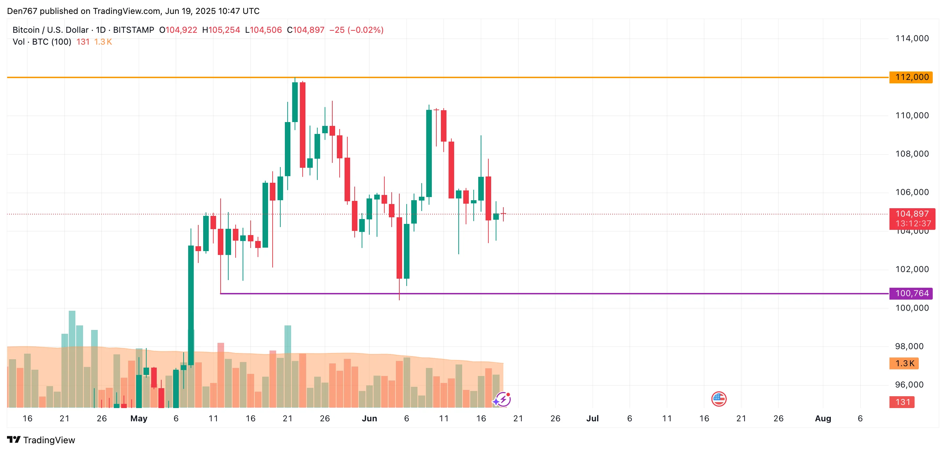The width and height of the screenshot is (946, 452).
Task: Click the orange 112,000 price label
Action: [x=911, y=77]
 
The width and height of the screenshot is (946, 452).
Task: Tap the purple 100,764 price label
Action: [x=911, y=293]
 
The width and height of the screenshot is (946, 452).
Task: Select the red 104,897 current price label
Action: [x=912, y=214]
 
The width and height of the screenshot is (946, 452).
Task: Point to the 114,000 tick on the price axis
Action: [x=912, y=38]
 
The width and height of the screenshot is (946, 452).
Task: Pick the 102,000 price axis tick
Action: [x=912, y=269]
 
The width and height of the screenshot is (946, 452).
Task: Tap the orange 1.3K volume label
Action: [x=904, y=363]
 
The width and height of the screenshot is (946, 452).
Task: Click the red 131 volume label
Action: [x=902, y=402]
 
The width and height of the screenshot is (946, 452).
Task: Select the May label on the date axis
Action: [x=139, y=418]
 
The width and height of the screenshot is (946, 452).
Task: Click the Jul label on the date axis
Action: [x=592, y=418]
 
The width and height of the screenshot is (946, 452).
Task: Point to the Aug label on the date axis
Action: [x=823, y=418]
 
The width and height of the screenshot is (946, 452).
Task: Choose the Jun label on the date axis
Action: [x=369, y=418]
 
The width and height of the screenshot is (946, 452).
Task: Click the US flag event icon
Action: [x=719, y=399]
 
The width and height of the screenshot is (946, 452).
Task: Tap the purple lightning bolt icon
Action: [x=502, y=399]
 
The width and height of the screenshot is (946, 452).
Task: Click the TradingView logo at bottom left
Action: [x=41, y=440]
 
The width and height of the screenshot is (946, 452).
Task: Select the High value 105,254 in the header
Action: [x=224, y=30]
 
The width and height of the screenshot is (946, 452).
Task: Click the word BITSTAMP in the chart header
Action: [x=133, y=30]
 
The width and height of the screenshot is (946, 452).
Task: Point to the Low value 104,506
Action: [x=266, y=30]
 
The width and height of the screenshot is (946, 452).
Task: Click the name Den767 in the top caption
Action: [x=22, y=11]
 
